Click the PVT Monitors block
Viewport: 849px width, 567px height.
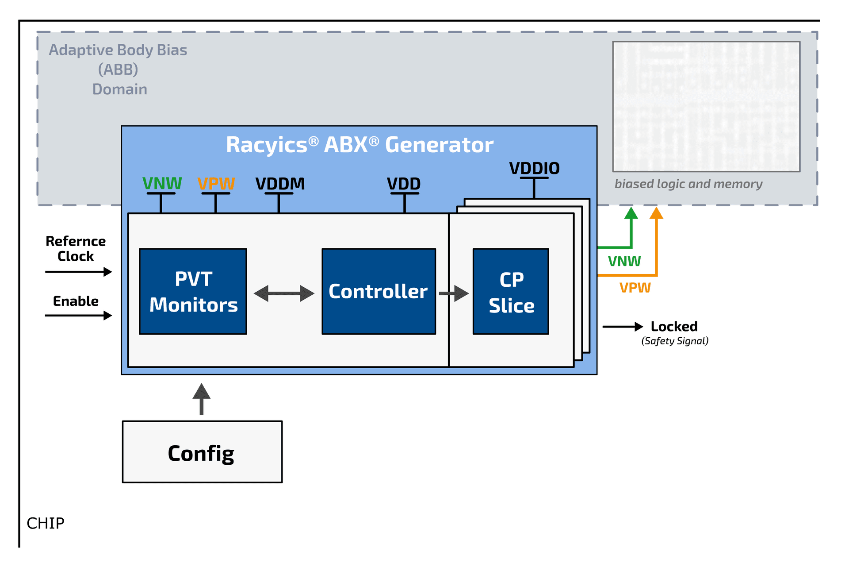click(193, 291)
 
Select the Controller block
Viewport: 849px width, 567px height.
click(379, 291)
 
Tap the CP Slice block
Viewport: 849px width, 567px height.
click(511, 291)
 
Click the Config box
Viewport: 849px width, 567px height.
click(202, 452)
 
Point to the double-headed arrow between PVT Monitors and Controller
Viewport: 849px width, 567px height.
click(284, 293)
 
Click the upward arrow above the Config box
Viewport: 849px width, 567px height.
click(202, 398)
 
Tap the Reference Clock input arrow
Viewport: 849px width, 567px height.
click(79, 271)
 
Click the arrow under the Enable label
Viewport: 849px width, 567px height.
click(79, 315)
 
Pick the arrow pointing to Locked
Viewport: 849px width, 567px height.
click(623, 327)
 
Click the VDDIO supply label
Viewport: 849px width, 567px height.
click(534, 168)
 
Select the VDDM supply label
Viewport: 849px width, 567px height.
click(280, 184)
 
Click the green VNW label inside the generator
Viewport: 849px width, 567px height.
click(162, 183)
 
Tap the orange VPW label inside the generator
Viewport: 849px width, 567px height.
click(216, 183)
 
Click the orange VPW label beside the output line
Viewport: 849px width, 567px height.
click(635, 288)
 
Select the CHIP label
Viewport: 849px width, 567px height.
click(46, 523)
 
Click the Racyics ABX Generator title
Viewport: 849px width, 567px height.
click(359, 145)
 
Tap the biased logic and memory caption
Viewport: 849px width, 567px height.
click(688, 184)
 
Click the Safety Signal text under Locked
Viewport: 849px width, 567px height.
click(675, 341)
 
